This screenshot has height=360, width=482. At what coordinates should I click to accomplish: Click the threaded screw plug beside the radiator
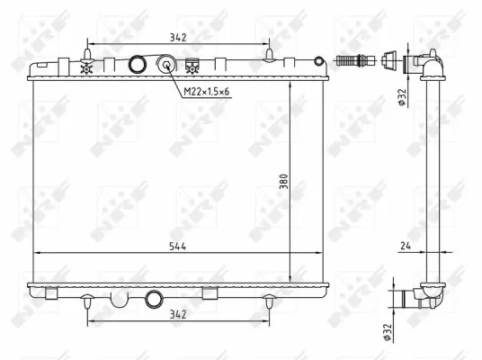tap(353, 61)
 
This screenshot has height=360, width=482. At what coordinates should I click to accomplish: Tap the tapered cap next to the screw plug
tap(388, 61)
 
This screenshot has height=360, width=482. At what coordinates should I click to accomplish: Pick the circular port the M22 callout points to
tap(167, 65)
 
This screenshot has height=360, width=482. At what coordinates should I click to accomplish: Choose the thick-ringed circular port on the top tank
tap(138, 65)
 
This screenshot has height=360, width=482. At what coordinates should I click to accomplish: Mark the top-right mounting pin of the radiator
tap(269, 58)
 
